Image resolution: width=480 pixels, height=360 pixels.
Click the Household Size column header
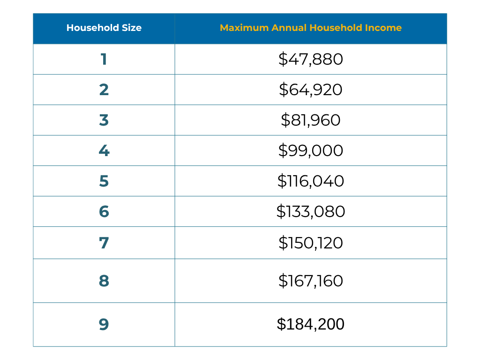(104, 28)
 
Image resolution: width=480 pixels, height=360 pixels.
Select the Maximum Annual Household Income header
(311, 28)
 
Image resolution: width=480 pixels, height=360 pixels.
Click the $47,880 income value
(311, 59)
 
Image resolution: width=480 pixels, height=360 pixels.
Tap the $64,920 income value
(311, 90)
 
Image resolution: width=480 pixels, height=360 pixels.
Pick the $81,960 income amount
(311, 120)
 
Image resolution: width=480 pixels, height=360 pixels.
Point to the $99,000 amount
(311, 150)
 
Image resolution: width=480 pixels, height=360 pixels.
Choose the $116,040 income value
(311, 181)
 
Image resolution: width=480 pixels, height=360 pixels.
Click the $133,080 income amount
(311, 211)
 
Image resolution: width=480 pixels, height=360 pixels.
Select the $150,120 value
(311, 243)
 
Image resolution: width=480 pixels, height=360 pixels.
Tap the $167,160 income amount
(311, 281)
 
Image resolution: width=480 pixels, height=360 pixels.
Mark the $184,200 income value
(311, 324)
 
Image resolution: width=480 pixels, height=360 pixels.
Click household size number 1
(104, 59)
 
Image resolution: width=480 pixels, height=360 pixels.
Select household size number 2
(104, 90)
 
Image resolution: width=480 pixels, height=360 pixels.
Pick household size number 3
(104, 120)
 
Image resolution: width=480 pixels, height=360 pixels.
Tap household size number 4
(104, 150)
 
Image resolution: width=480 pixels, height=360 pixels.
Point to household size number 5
(104, 181)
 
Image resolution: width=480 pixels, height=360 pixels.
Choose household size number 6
(104, 211)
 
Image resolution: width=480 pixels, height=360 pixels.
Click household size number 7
(104, 243)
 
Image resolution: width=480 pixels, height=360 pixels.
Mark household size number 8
(104, 281)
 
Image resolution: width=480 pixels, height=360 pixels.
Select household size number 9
(104, 324)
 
